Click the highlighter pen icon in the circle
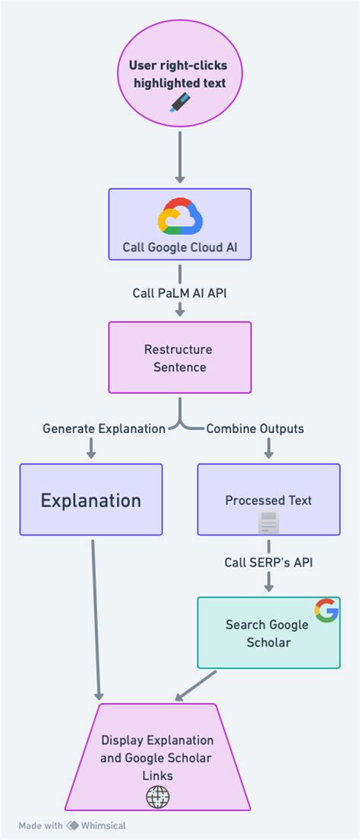[180, 102]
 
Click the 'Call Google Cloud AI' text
[180, 247]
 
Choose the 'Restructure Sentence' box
[180, 358]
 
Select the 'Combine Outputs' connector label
[255, 428]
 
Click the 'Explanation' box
[91, 500]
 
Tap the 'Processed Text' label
[269, 501]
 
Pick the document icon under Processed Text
[269, 523]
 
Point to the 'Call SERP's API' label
[269, 563]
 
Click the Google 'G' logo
[327, 611]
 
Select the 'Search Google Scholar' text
[267, 633]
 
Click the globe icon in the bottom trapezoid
[158, 796]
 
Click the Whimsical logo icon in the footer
[74, 826]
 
